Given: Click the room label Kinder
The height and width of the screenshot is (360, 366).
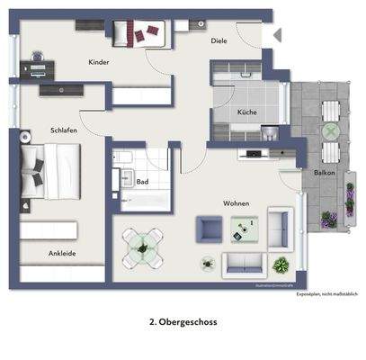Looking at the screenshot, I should tap(99, 62).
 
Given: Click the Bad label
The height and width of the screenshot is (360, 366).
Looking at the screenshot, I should tap(142, 181).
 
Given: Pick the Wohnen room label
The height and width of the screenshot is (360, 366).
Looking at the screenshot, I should tap(236, 203).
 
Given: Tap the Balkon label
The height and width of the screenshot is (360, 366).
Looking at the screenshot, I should tap(325, 172).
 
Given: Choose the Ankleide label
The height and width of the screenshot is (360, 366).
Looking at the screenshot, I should tap(61, 253).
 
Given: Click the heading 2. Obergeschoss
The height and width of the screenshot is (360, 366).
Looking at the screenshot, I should tap(183, 320).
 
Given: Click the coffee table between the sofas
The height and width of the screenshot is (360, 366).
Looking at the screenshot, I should tap(244, 231).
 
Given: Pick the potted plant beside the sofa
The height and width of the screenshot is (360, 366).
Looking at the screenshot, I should tap(281, 265).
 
